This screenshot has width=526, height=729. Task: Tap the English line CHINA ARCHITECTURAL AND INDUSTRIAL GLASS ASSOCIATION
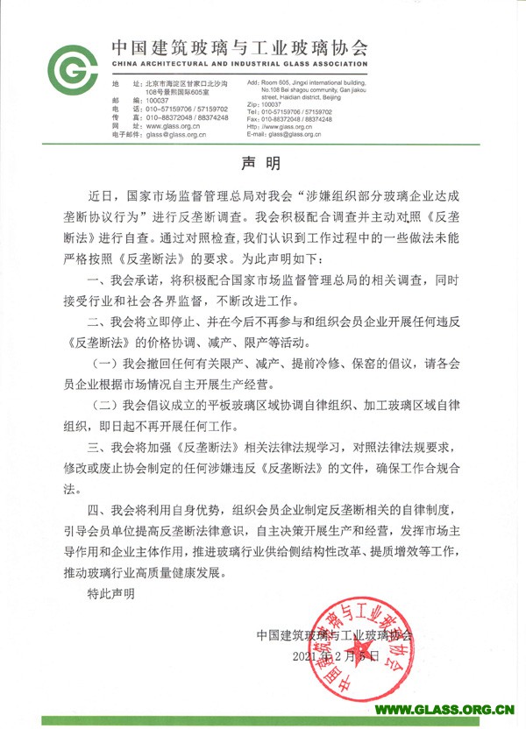[238, 66]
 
